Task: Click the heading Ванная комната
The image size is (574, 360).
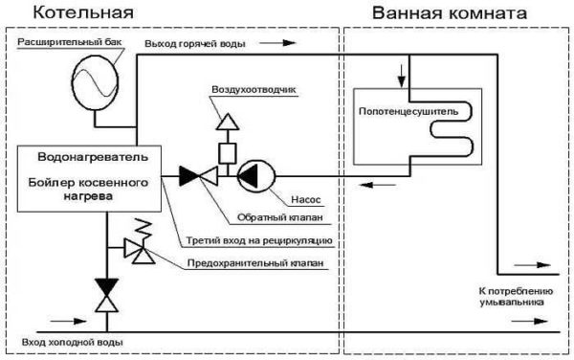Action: point(436,13)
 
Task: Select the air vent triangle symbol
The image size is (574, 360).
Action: point(227,122)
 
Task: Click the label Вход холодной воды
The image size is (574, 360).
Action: point(64,342)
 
